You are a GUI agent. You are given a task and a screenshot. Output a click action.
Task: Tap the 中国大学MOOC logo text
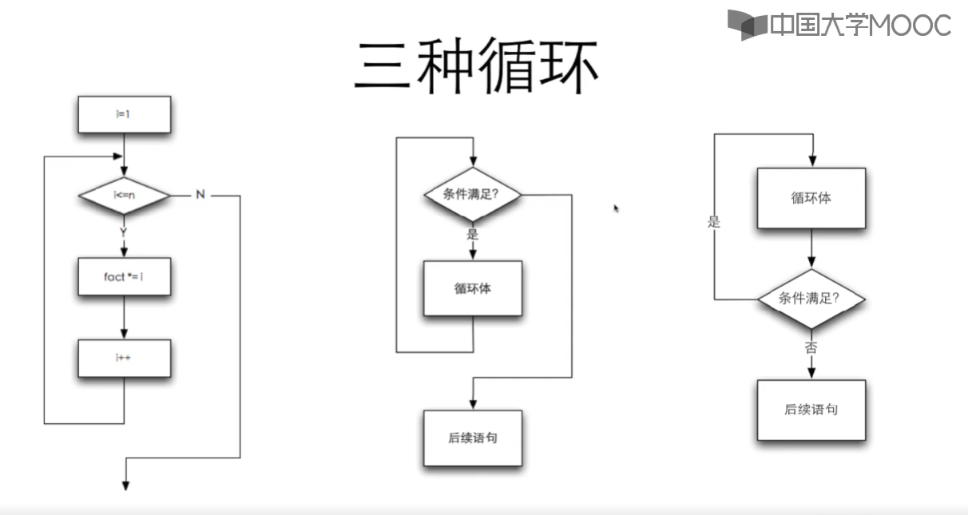[859, 25]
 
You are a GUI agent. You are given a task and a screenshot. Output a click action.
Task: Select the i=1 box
[124, 115]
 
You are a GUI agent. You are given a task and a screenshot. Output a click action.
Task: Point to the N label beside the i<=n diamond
[200, 195]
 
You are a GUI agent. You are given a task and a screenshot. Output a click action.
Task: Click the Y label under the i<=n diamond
[123, 232]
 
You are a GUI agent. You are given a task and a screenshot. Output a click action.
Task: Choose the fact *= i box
[124, 277]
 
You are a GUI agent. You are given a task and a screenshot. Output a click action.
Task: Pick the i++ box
[124, 359]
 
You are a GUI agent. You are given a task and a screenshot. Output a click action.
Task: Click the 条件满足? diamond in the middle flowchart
[472, 194]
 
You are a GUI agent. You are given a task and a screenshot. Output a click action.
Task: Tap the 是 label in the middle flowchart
[472, 234]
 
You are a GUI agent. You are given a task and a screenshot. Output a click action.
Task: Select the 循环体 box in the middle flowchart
[472, 288]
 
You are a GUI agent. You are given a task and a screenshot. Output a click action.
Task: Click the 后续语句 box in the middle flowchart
[472, 438]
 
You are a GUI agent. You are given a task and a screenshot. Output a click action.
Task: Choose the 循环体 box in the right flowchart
[811, 198]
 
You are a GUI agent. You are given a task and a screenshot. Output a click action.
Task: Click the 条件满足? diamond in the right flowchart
[811, 299]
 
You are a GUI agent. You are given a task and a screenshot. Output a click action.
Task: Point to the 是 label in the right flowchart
[714, 223]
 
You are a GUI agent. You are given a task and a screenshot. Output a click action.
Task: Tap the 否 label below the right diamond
[811, 347]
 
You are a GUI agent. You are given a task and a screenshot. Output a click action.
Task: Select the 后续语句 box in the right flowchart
[811, 410]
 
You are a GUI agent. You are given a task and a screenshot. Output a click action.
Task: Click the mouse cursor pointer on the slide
[616, 208]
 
